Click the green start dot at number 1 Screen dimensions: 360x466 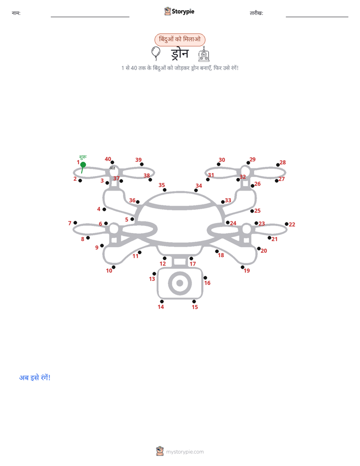[x=83, y=164]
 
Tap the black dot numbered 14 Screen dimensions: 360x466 [x=161, y=302]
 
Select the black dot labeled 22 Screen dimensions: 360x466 [x=286, y=224]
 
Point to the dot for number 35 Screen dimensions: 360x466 [x=164, y=190]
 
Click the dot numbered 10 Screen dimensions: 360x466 [x=113, y=267]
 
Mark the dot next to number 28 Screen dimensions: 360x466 [x=278, y=165]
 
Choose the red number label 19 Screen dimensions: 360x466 [x=247, y=271]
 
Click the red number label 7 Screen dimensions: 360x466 [x=70, y=223]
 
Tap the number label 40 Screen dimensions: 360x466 [x=108, y=159]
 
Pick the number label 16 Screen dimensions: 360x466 [x=207, y=283]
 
